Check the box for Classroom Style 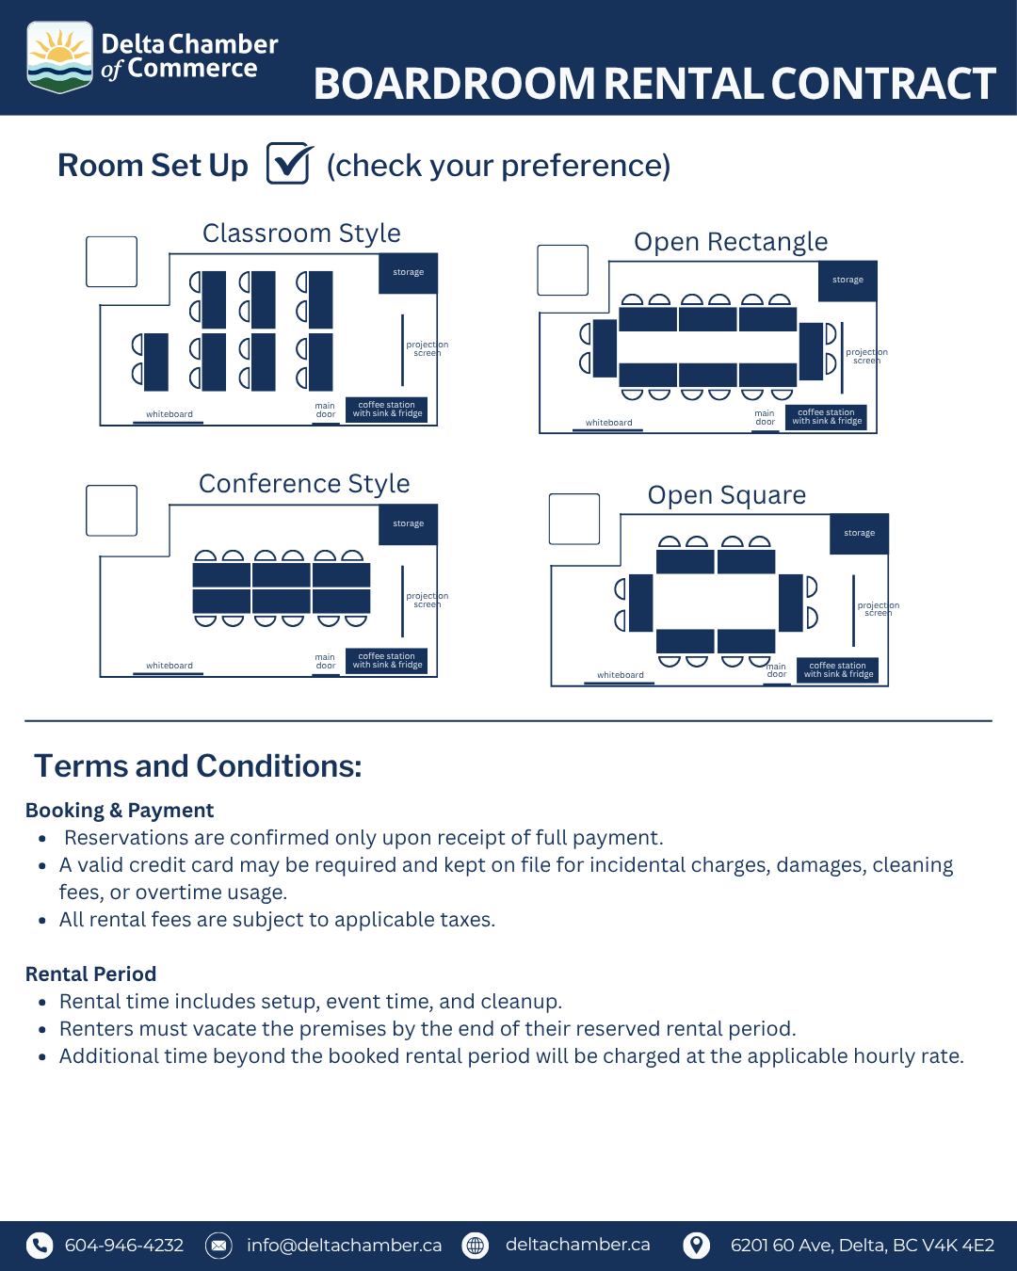pos(112,262)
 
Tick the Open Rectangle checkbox pos(562,270)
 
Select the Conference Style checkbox pos(112,511)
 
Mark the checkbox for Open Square pos(574,519)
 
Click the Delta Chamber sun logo pos(59,56)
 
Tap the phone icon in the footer pos(40,1246)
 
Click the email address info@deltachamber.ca pos(344,1245)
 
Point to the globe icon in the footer pos(476,1246)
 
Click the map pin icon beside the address pos(697,1246)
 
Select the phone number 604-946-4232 pos(124,1245)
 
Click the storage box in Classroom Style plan pos(409,273)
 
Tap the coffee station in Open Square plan pos(838,669)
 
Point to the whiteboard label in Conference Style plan pos(169,665)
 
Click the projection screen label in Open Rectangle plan pos(866,356)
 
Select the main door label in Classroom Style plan pos(325,410)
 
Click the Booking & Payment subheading pos(120,811)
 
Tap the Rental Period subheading pos(91,973)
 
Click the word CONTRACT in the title pos(883,83)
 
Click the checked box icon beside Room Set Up pos(289,163)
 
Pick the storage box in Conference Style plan pos(409,524)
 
